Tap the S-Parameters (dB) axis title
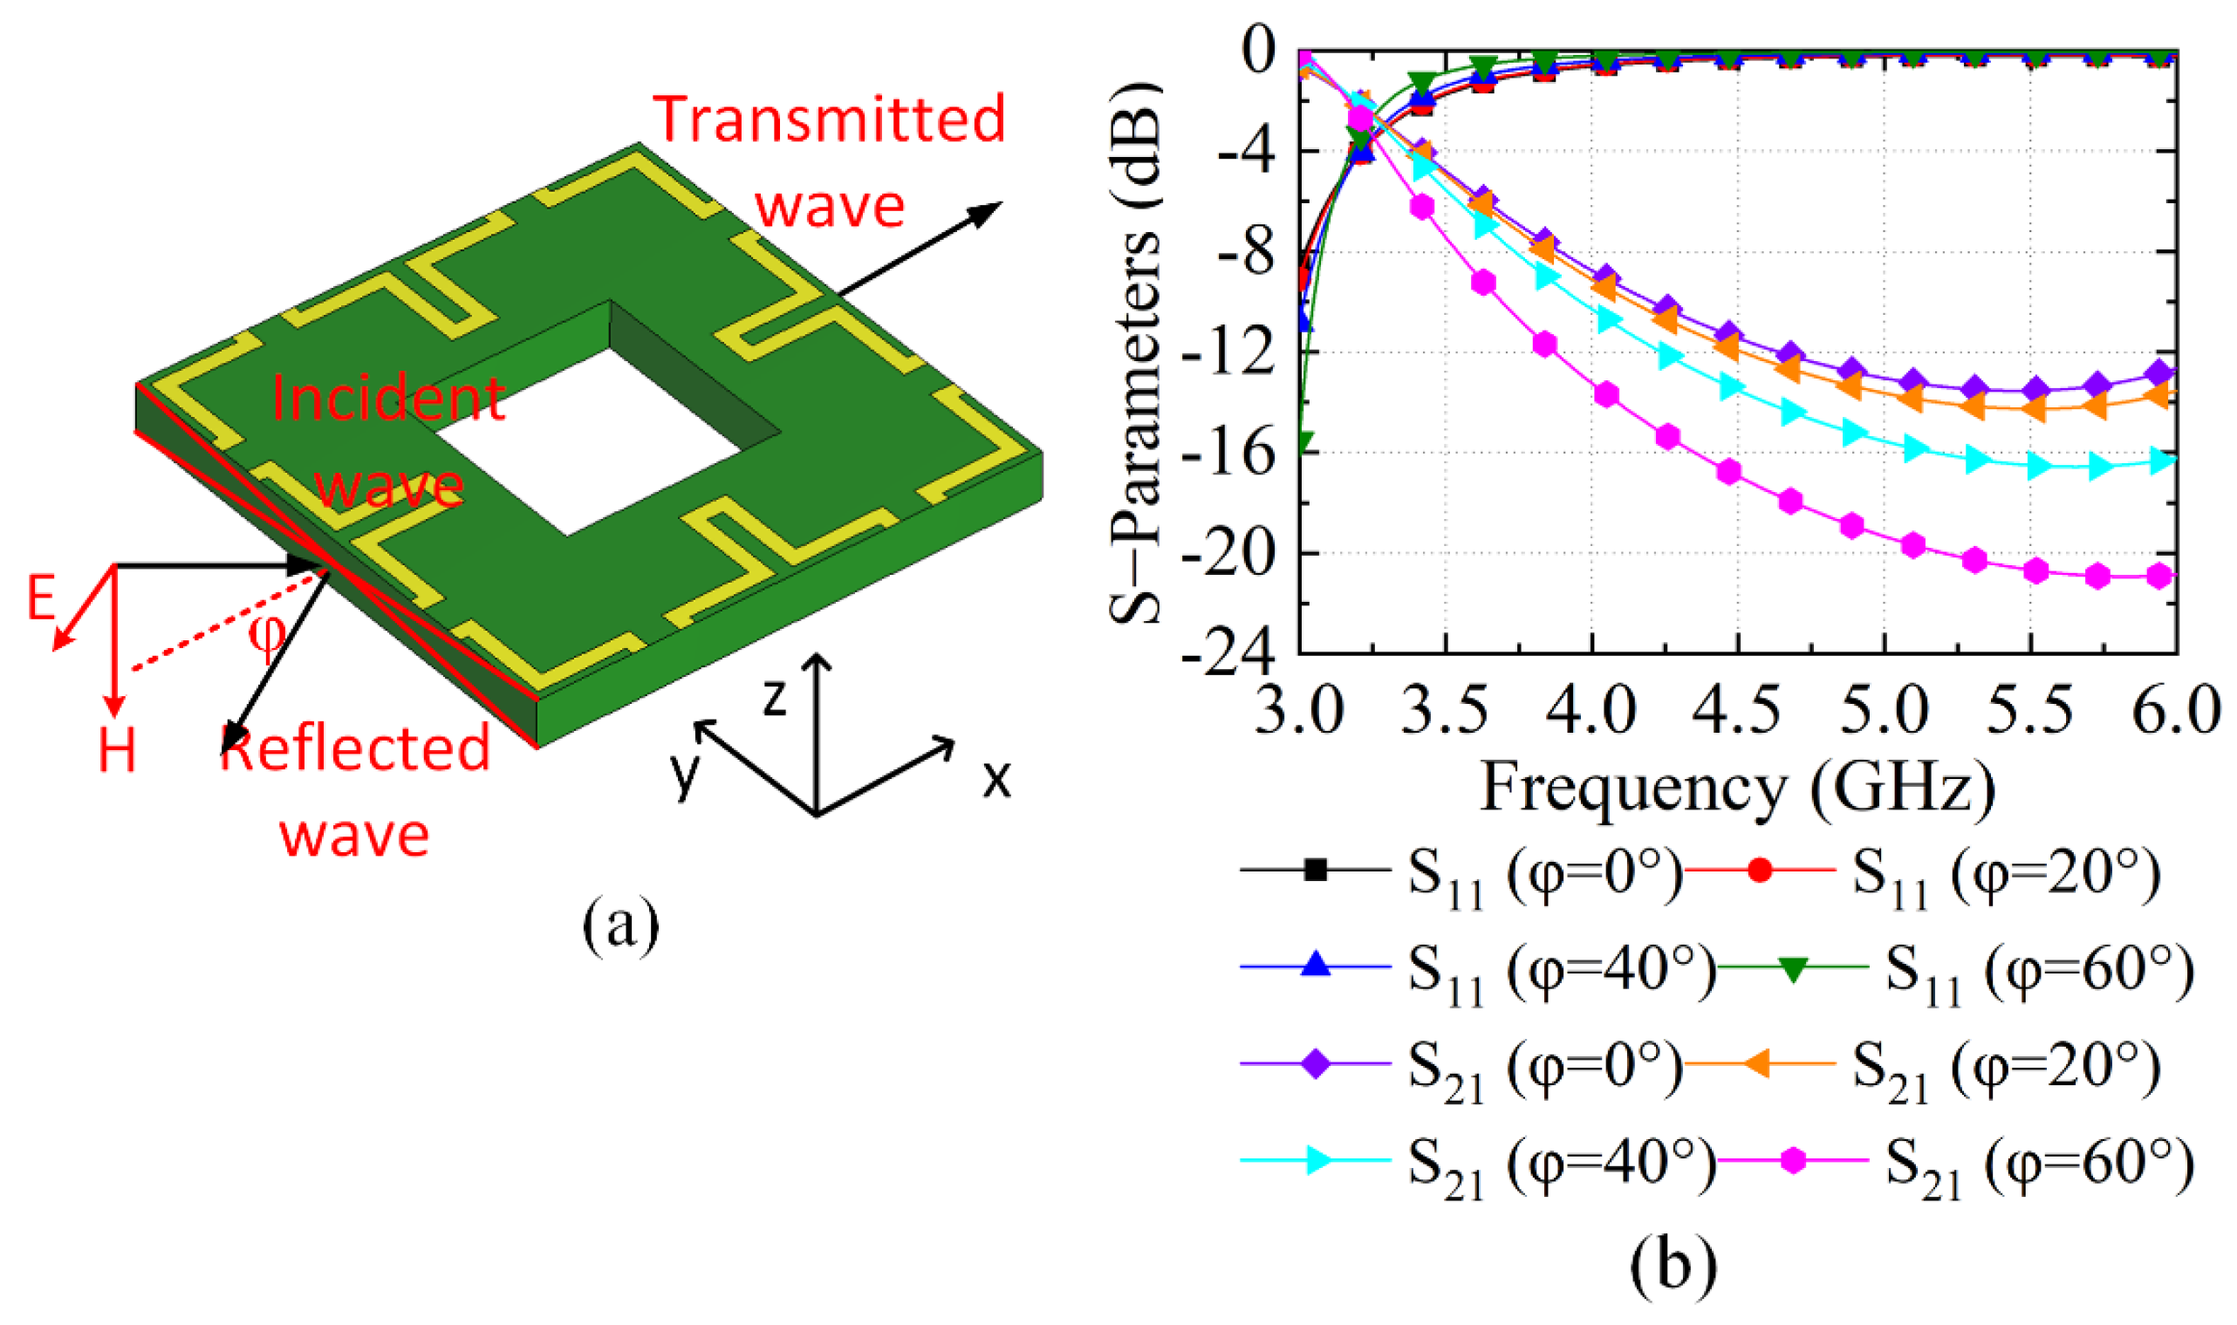[x=1135, y=352]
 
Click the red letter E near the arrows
[x=41, y=598]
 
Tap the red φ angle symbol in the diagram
[x=266, y=632]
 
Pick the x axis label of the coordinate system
[x=996, y=779]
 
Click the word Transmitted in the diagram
[x=830, y=120]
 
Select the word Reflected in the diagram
[x=355, y=748]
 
